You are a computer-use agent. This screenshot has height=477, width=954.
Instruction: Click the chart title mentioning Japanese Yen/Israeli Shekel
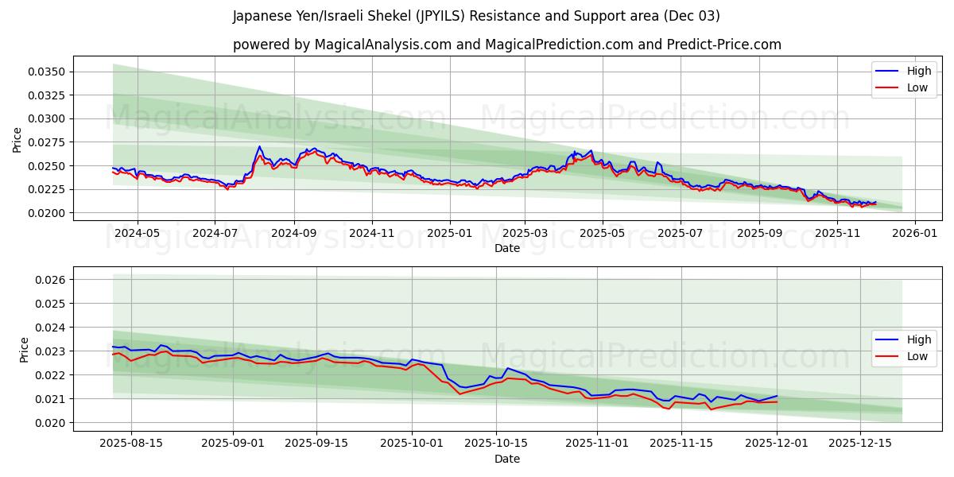point(476,16)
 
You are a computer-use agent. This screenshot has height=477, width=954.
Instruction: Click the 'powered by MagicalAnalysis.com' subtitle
point(506,45)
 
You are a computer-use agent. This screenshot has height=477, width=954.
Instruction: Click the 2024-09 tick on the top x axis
point(293,233)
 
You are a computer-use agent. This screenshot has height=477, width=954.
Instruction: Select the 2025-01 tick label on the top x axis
point(450,233)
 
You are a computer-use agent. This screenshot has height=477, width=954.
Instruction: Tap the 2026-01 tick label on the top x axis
point(915,233)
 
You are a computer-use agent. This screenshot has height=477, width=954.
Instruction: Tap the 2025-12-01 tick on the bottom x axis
point(776,443)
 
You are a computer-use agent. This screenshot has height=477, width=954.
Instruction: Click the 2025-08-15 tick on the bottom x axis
point(131,443)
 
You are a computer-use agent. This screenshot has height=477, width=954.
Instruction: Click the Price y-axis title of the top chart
point(17,139)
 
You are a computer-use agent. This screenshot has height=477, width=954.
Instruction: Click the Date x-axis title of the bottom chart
point(506,459)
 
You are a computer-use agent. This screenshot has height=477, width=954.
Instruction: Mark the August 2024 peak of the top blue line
point(259,146)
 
